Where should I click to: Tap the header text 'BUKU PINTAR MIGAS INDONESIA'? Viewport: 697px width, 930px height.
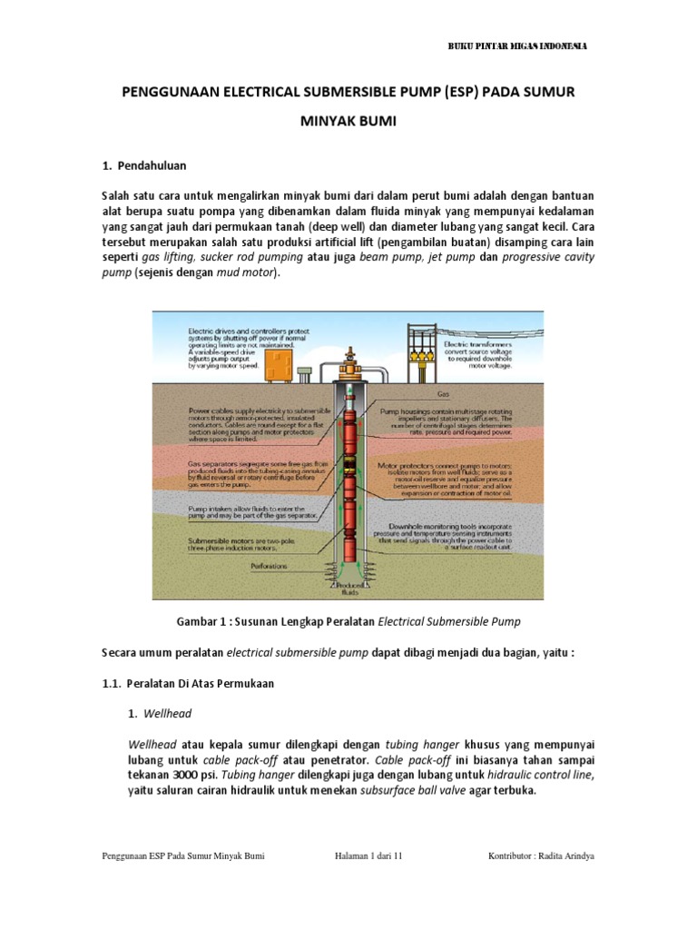pos(519,46)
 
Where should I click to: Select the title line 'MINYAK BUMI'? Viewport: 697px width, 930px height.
pos(348,122)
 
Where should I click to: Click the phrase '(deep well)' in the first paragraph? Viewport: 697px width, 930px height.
pos(337,226)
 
